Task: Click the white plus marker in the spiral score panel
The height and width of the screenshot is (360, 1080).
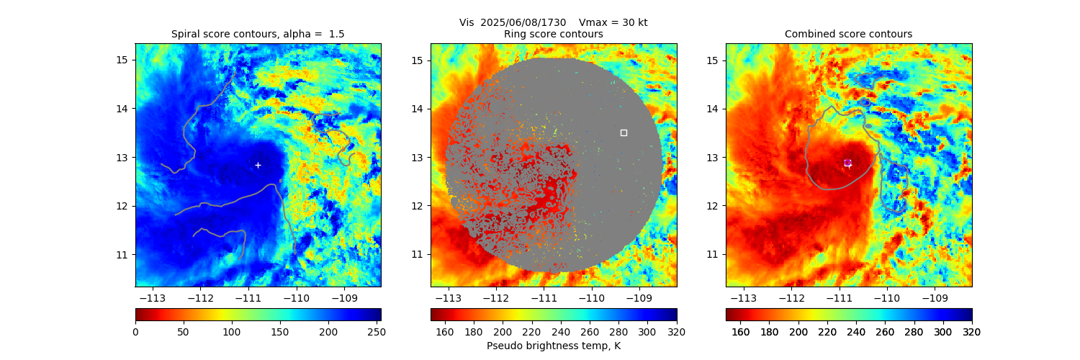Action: (258, 165)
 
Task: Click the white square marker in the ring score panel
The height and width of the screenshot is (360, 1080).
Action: (624, 132)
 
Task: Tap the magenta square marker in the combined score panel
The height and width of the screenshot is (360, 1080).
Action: (847, 163)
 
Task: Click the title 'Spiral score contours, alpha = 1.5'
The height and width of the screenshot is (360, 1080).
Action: (258, 34)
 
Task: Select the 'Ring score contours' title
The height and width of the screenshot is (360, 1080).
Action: (554, 34)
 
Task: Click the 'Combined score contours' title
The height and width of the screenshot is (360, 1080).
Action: (848, 34)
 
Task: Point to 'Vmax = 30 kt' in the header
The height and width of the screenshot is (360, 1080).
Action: (613, 22)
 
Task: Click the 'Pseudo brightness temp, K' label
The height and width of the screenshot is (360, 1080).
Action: (554, 346)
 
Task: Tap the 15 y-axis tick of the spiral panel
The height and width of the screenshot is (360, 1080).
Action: (122, 60)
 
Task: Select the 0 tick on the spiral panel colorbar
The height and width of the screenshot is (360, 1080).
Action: (135, 332)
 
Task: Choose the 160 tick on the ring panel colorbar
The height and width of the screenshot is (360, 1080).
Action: (445, 332)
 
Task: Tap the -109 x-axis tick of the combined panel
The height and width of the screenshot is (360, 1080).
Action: (935, 297)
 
